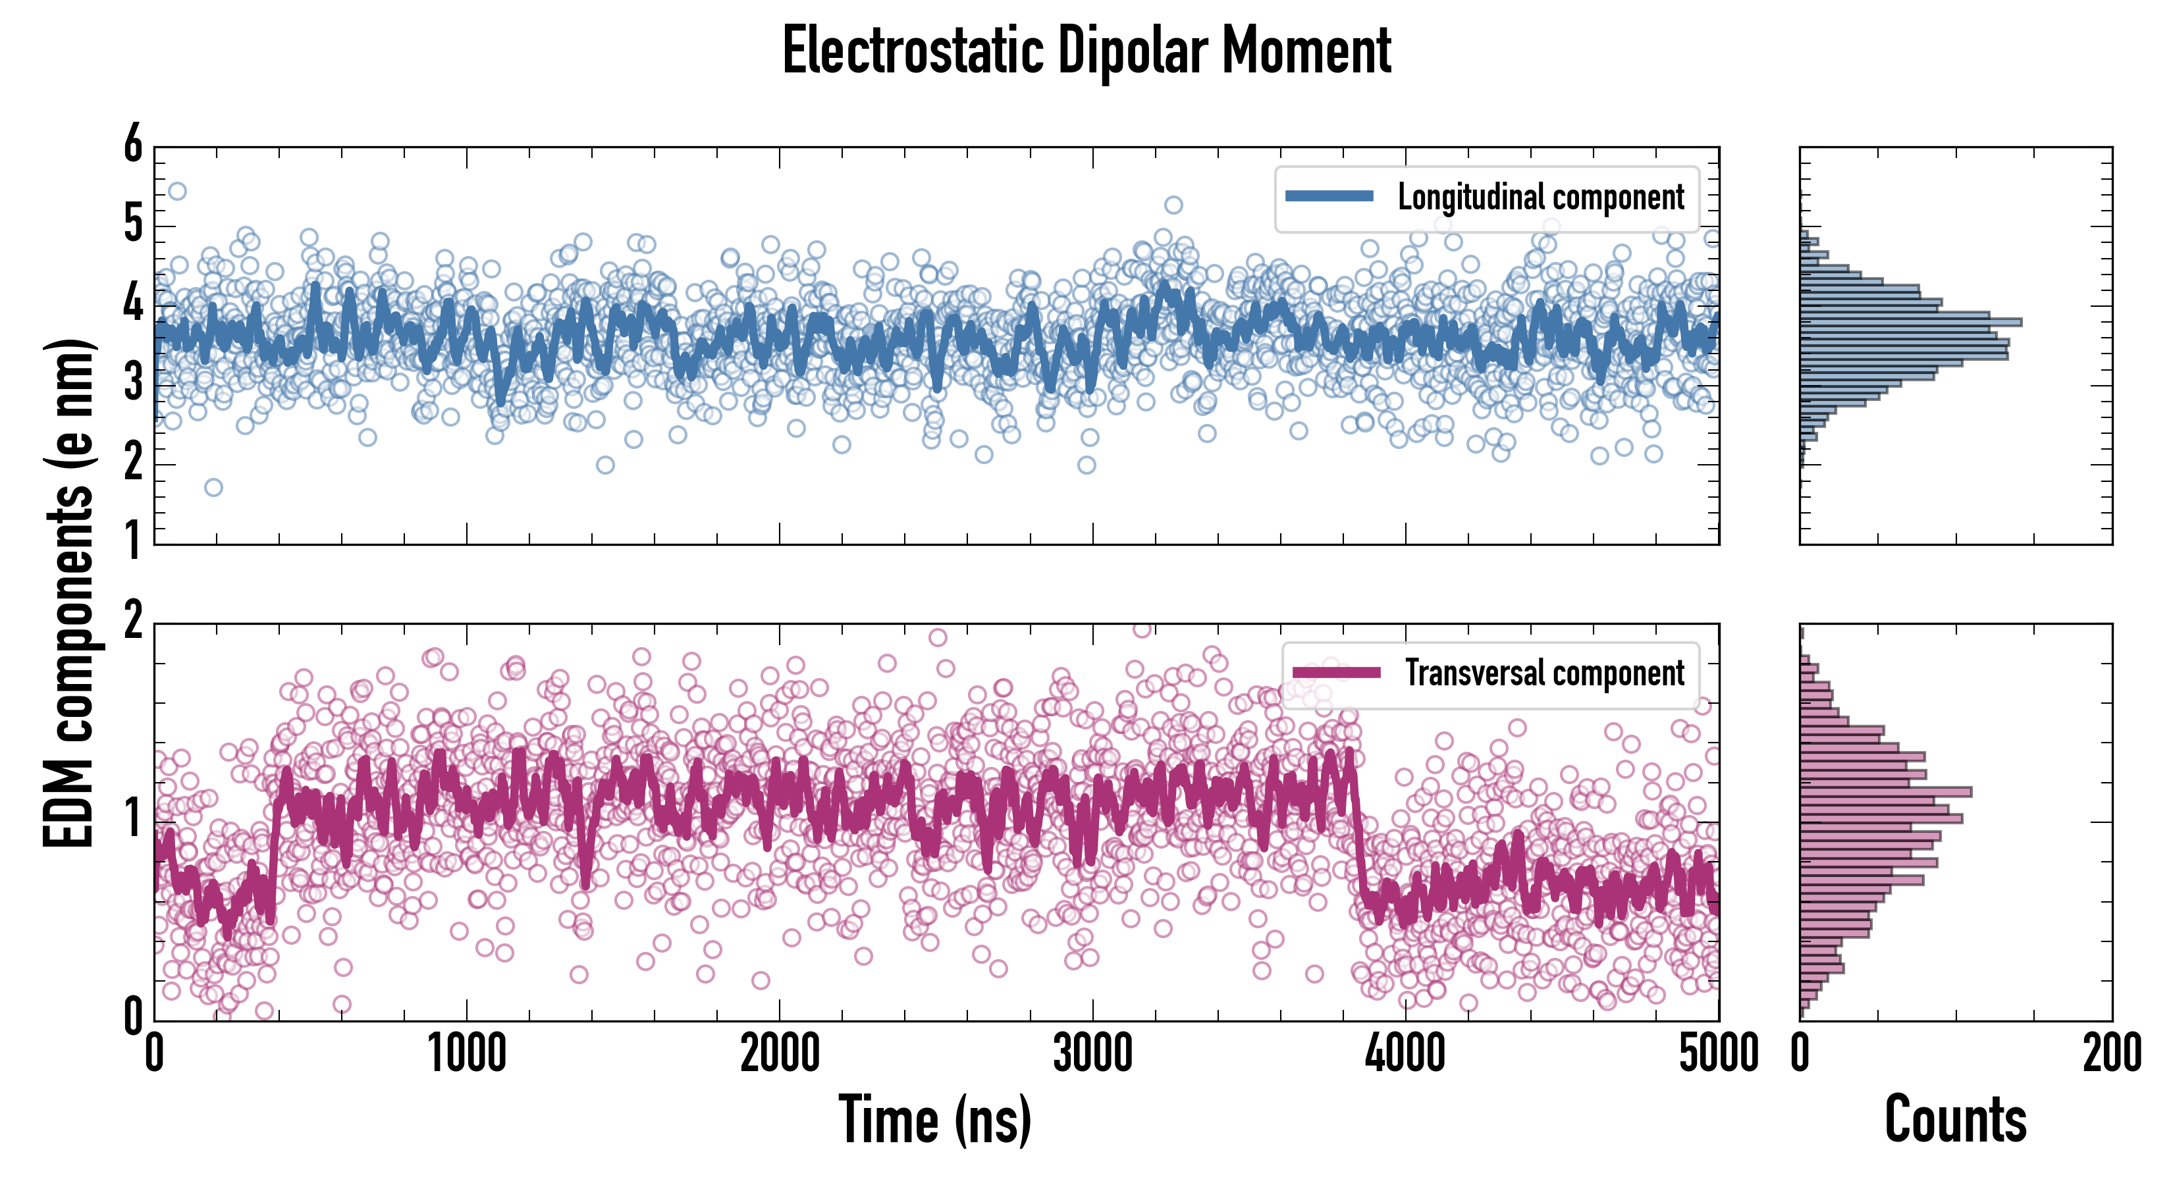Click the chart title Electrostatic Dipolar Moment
pyautogui.click(x=1086, y=51)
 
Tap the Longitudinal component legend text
pyautogui.click(x=1540, y=197)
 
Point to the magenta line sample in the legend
pyautogui.click(x=1336, y=672)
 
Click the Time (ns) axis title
pyautogui.click(x=934, y=1119)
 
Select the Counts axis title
pyautogui.click(x=1955, y=1119)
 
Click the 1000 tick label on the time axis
pyautogui.click(x=466, y=1053)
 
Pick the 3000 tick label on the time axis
pyautogui.click(x=1092, y=1053)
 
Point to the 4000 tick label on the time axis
pyautogui.click(x=1405, y=1053)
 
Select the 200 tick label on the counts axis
pyautogui.click(x=2111, y=1053)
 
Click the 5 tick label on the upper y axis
pyautogui.click(x=133, y=224)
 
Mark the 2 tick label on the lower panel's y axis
pyautogui.click(x=133, y=622)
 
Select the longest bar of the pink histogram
pyautogui.click(x=1885, y=792)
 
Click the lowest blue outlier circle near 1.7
pyautogui.click(x=213, y=487)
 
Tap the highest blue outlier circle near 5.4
pyautogui.click(x=177, y=192)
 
